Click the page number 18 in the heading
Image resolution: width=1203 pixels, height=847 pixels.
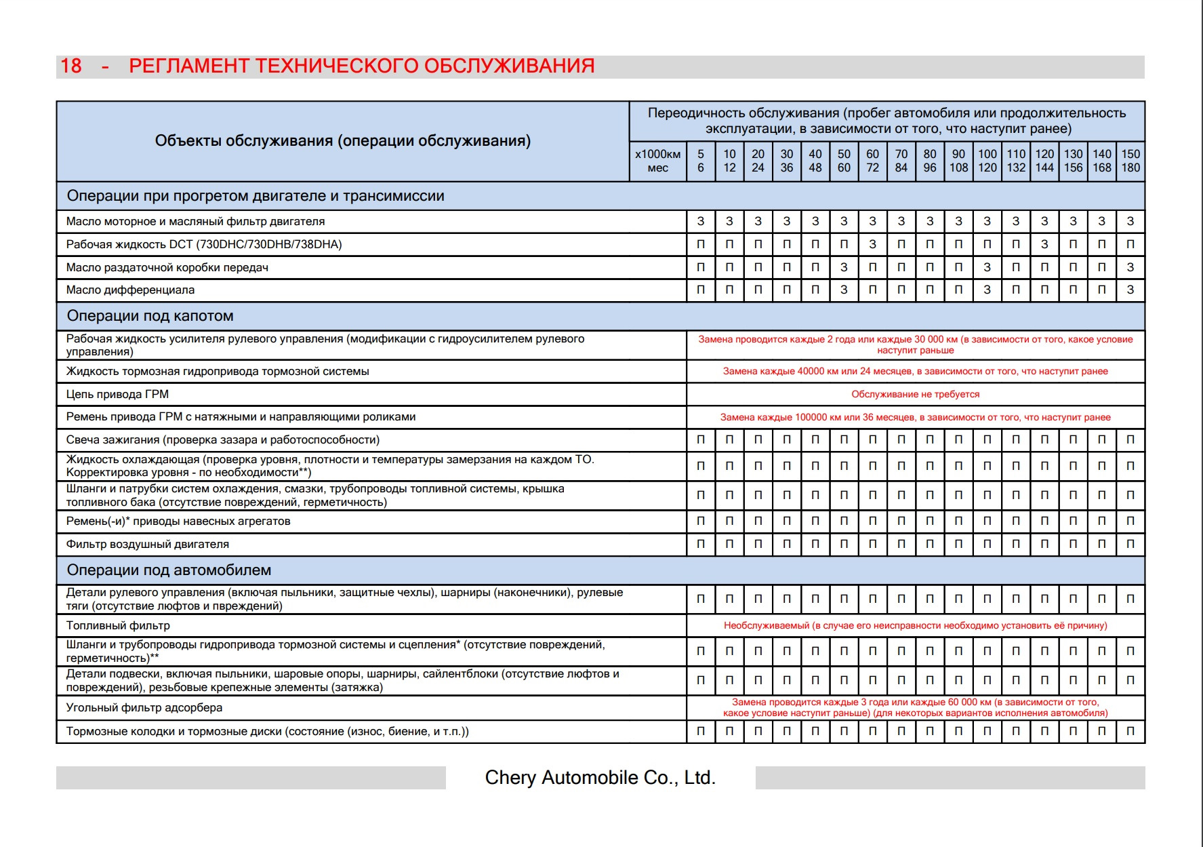[x=71, y=66]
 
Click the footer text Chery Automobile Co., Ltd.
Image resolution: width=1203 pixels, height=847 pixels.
[x=600, y=777]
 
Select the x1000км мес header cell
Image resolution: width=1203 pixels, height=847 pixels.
[x=657, y=161]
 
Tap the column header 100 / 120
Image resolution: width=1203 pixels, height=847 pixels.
[x=987, y=161]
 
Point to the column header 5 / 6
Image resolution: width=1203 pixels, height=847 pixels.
[x=701, y=161]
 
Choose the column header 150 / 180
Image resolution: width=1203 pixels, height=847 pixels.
[x=1130, y=161]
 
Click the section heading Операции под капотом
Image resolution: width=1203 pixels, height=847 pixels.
[x=150, y=316]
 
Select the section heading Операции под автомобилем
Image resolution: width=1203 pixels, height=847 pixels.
[x=169, y=570]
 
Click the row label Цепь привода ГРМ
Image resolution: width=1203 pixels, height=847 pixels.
[x=117, y=395]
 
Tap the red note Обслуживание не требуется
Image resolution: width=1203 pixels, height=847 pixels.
[x=915, y=395]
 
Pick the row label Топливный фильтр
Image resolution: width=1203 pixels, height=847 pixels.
[x=118, y=626]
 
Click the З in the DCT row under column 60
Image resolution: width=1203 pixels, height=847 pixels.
[x=872, y=244]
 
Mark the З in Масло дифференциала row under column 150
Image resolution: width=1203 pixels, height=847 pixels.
[x=1130, y=290]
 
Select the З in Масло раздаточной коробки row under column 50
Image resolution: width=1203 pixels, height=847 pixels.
[x=844, y=267]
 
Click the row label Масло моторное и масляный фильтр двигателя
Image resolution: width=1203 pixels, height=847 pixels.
[x=195, y=222]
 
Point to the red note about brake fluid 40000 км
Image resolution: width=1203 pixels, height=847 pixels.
[x=915, y=372]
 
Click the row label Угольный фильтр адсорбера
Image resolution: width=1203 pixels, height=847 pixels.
[x=144, y=708]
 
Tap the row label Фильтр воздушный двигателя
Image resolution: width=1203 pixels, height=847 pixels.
[x=147, y=545]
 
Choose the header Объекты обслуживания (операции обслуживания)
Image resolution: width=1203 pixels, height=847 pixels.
[x=342, y=141]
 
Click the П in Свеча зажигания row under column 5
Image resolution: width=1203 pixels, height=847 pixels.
[x=701, y=440]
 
